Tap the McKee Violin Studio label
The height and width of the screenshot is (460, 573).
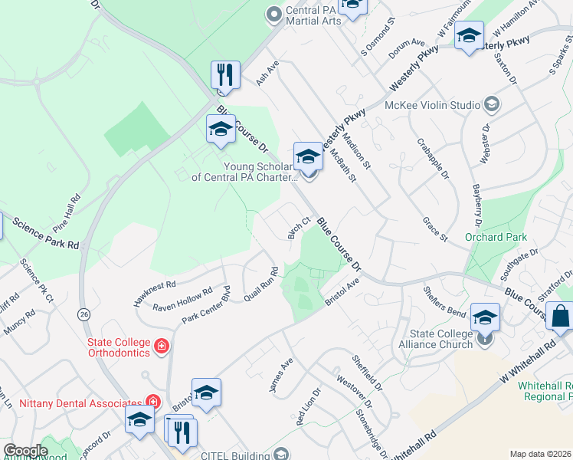(x=432, y=104)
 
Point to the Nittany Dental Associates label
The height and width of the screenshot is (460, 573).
(x=73, y=401)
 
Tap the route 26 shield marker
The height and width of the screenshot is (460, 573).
(x=83, y=314)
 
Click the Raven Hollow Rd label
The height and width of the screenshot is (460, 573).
(x=182, y=300)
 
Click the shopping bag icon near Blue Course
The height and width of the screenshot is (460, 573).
(x=560, y=316)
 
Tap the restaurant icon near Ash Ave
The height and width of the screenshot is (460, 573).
(x=225, y=75)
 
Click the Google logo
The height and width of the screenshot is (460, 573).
(x=25, y=451)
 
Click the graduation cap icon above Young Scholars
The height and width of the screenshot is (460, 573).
(x=308, y=156)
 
